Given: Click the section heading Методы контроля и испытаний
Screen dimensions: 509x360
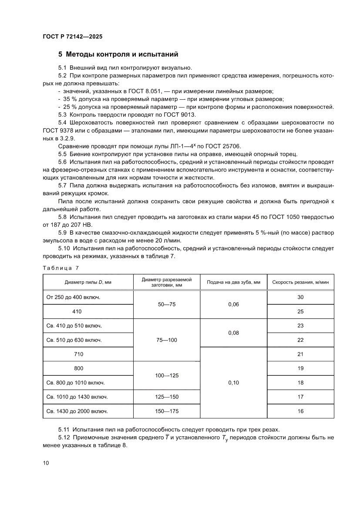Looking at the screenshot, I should tap(118, 54).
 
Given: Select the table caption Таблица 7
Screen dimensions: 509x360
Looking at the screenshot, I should tap(61, 268).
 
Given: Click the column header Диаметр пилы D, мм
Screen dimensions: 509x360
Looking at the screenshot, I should tap(88, 282).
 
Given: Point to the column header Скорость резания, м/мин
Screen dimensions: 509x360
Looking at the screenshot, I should tap(300, 282).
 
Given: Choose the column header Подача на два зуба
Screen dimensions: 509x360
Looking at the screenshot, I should tap(233, 282).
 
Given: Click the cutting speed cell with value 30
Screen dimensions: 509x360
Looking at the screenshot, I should tap(300, 297).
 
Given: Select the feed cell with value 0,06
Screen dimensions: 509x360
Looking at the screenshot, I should tap(233, 304).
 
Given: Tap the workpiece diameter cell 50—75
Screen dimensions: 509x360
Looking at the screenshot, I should tap(166, 304).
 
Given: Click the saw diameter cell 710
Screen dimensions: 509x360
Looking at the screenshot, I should tap(79, 354).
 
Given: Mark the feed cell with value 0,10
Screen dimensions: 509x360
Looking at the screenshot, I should tap(233, 383).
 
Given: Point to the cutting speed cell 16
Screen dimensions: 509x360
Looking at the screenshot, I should tap(300, 411).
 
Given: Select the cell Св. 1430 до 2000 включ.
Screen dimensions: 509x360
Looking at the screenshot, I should tap(77, 411).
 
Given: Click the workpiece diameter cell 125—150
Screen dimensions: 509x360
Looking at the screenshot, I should tap(166, 397).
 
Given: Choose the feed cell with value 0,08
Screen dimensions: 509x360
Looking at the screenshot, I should tap(233, 333).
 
